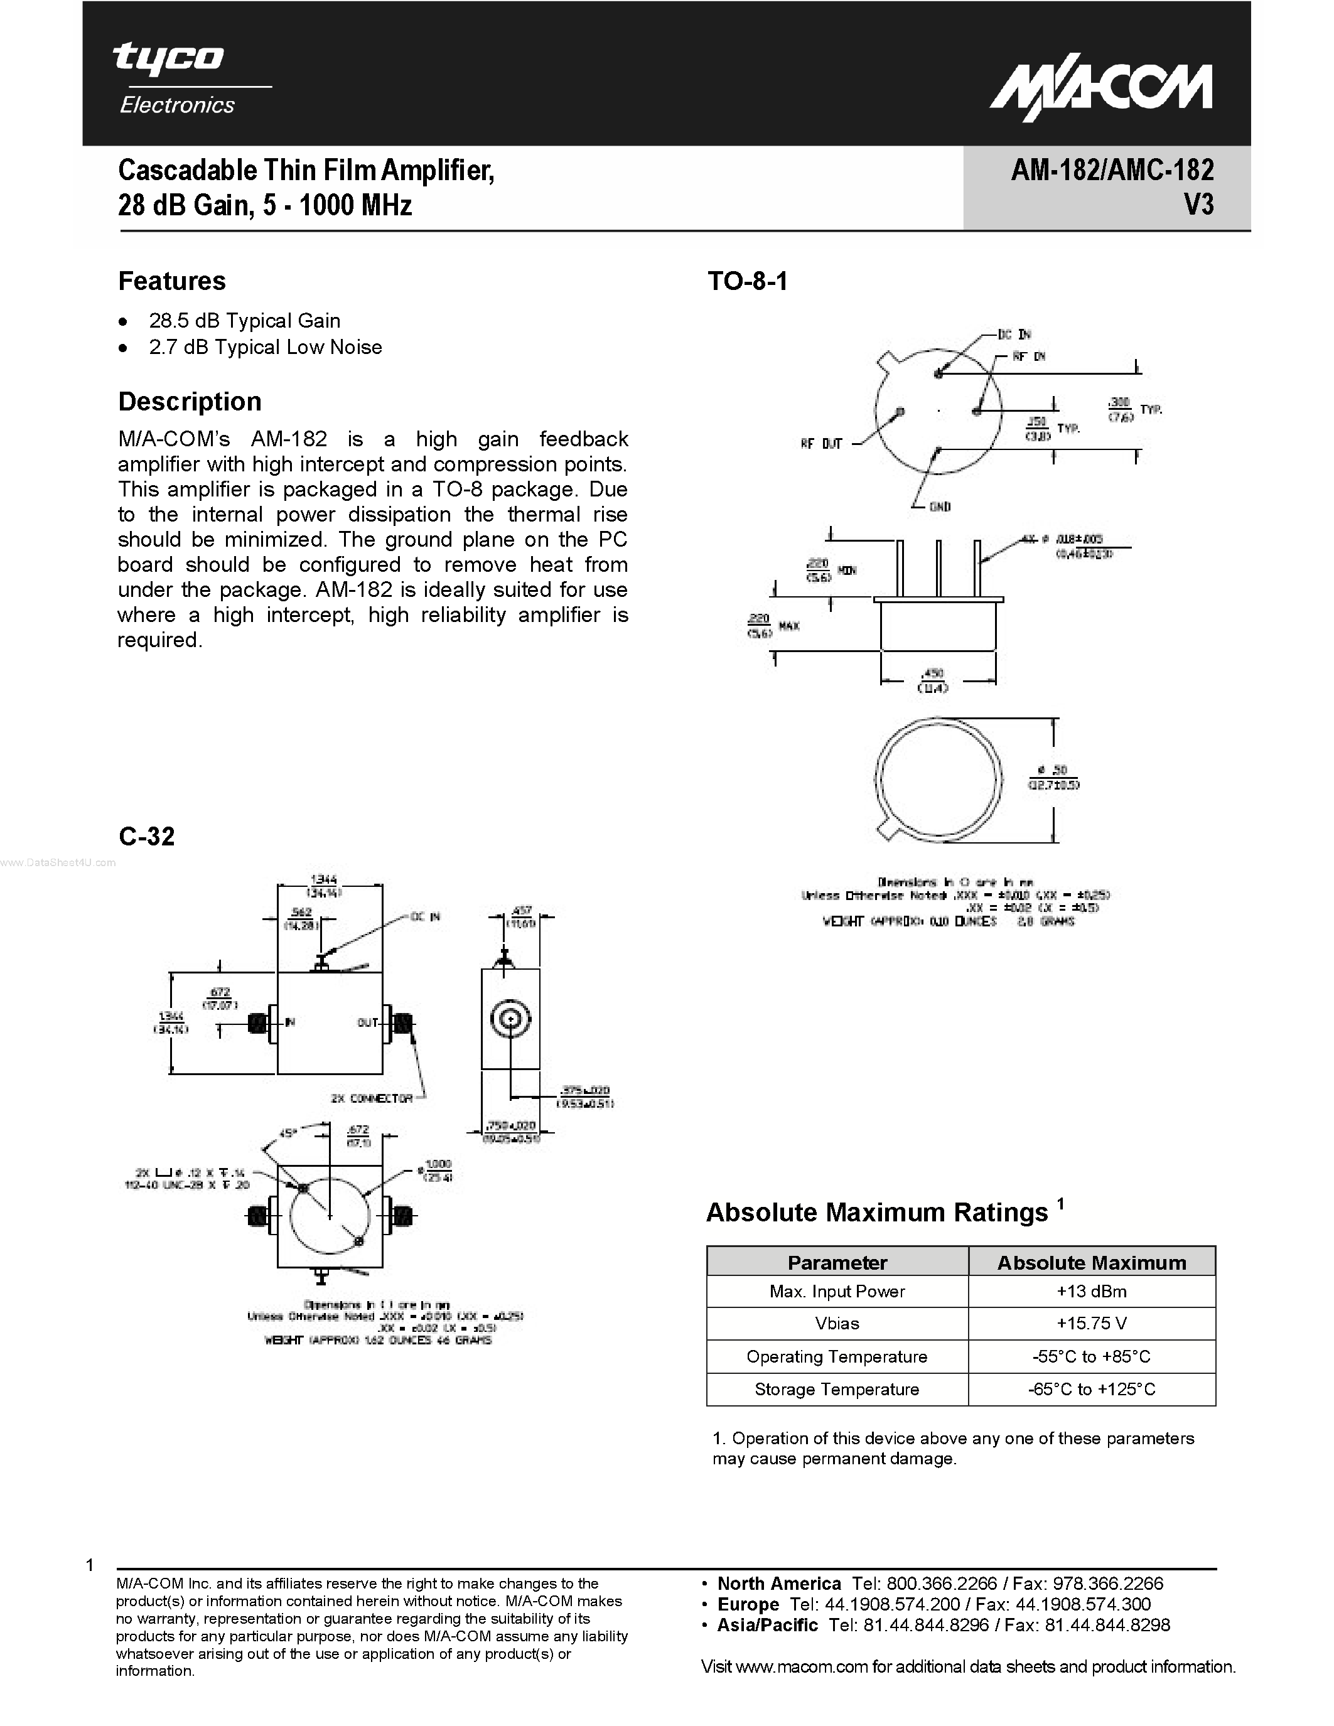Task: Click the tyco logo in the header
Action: pos(168,58)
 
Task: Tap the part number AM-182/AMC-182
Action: pos(1112,170)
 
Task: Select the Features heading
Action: pos(171,281)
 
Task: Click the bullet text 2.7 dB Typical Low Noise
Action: pos(265,347)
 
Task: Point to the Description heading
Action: pos(190,402)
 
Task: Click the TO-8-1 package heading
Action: pos(747,281)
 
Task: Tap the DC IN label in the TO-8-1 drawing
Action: pos(1014,335)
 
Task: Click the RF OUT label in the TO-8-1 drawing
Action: pos(821,444)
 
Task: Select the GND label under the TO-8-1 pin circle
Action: pos(940,507)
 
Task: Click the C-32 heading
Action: pos(146,836)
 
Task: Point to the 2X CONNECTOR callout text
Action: pos(372,1098)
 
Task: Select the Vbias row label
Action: pos(836,1324)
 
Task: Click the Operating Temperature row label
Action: pos(836,1357)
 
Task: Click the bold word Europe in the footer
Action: pos(748,1604)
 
